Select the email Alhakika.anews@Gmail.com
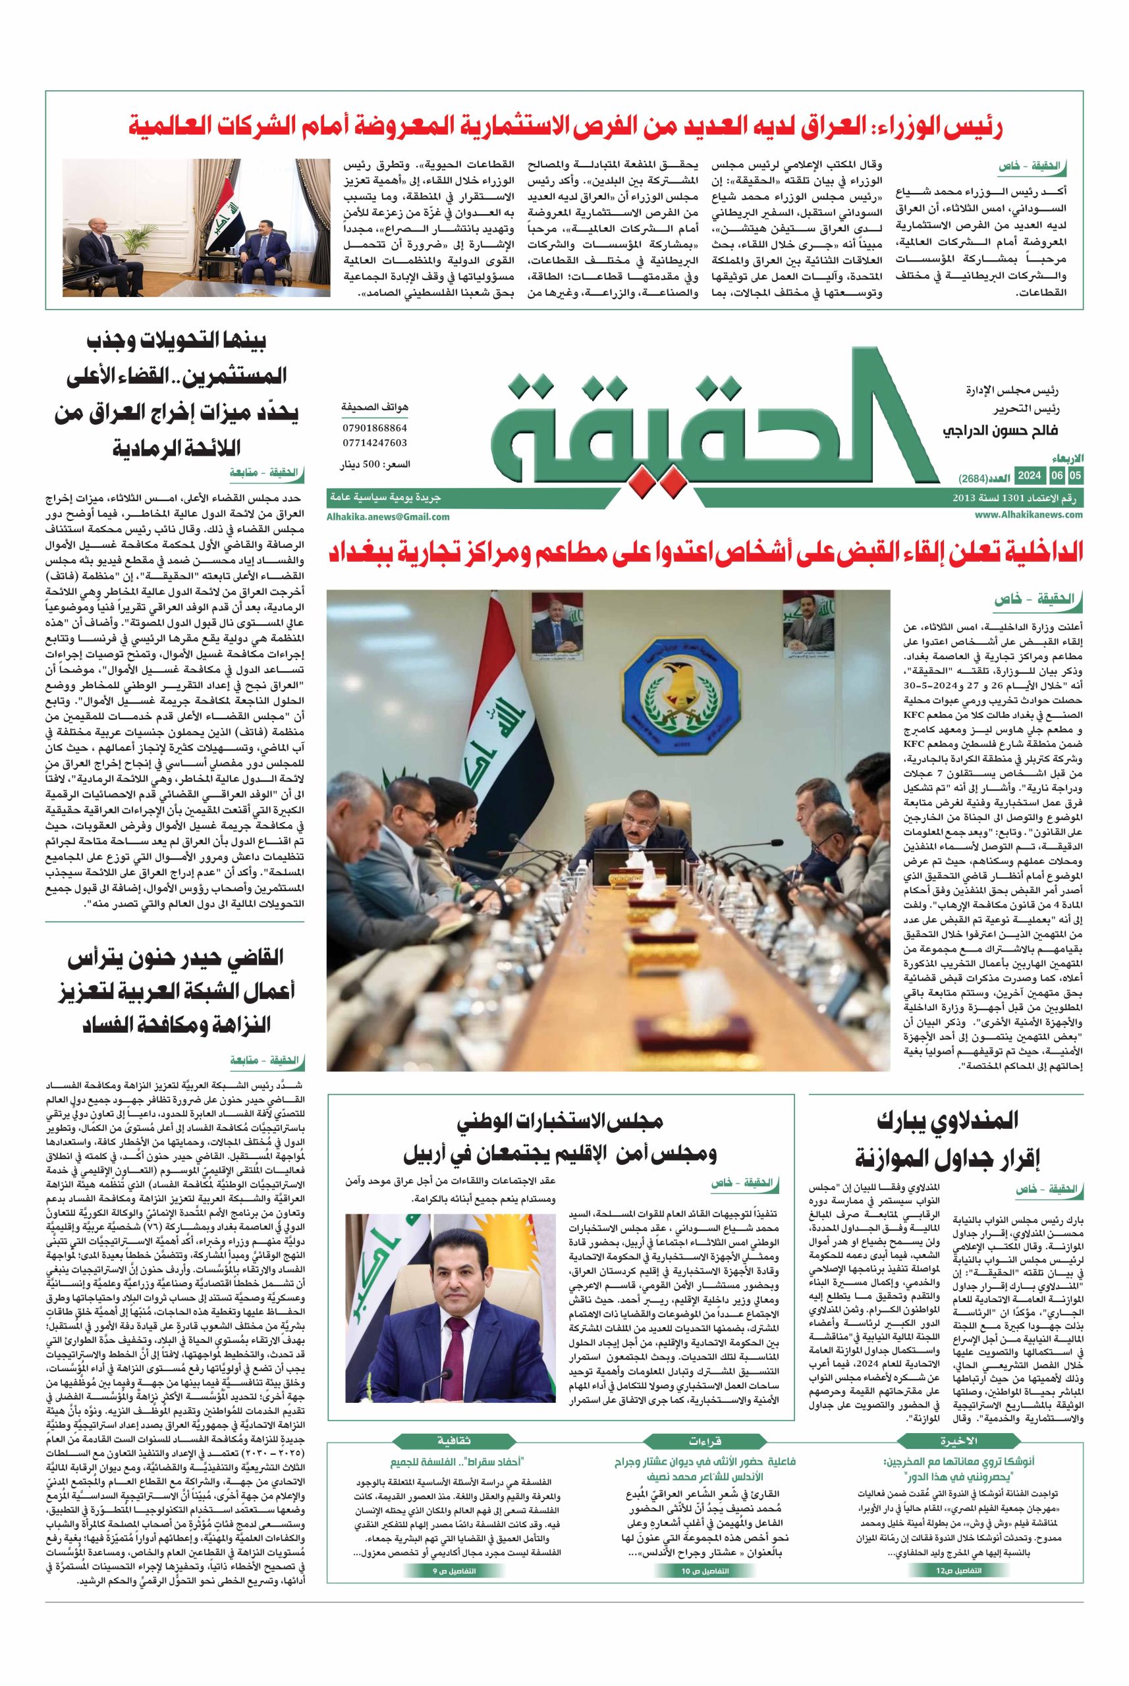tap(388, 516)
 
